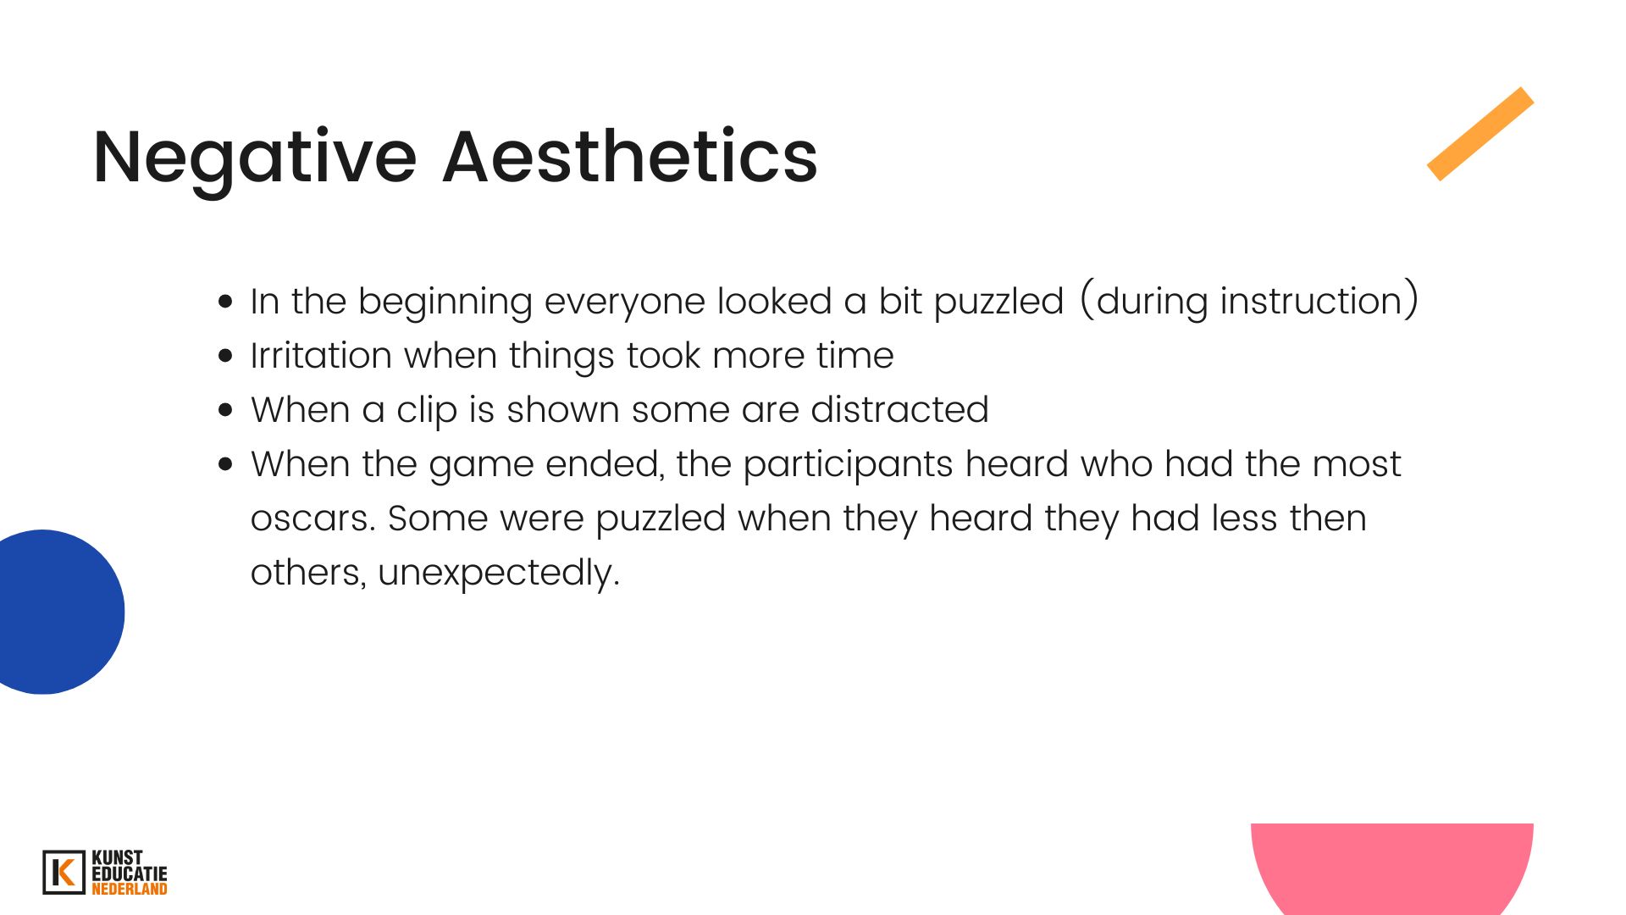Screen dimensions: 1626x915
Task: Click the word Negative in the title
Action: tap(255, 157)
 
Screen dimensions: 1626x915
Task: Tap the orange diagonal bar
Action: tap(1480, 134)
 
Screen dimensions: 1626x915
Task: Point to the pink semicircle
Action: tap(1392, 868)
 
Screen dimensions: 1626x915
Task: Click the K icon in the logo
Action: tap(64, 873)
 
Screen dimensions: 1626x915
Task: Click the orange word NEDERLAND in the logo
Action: tap(130, 889)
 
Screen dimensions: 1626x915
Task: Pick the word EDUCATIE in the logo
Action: tap(130, 873)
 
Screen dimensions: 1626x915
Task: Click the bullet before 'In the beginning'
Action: tap(225, 302)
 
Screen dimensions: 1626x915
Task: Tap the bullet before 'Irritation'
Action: tap(225, 356)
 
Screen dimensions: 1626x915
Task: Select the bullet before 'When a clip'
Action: tap(225, 410)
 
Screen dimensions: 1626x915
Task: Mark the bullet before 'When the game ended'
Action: tap(225, 464)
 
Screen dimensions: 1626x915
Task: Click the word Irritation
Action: tap(322, 355)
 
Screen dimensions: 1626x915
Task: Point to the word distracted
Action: tap(900, 409)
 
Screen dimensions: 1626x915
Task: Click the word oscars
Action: tap(313, 519)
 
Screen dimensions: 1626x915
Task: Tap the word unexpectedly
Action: tap(499, 574)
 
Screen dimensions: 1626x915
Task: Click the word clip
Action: tap(428, 411)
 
